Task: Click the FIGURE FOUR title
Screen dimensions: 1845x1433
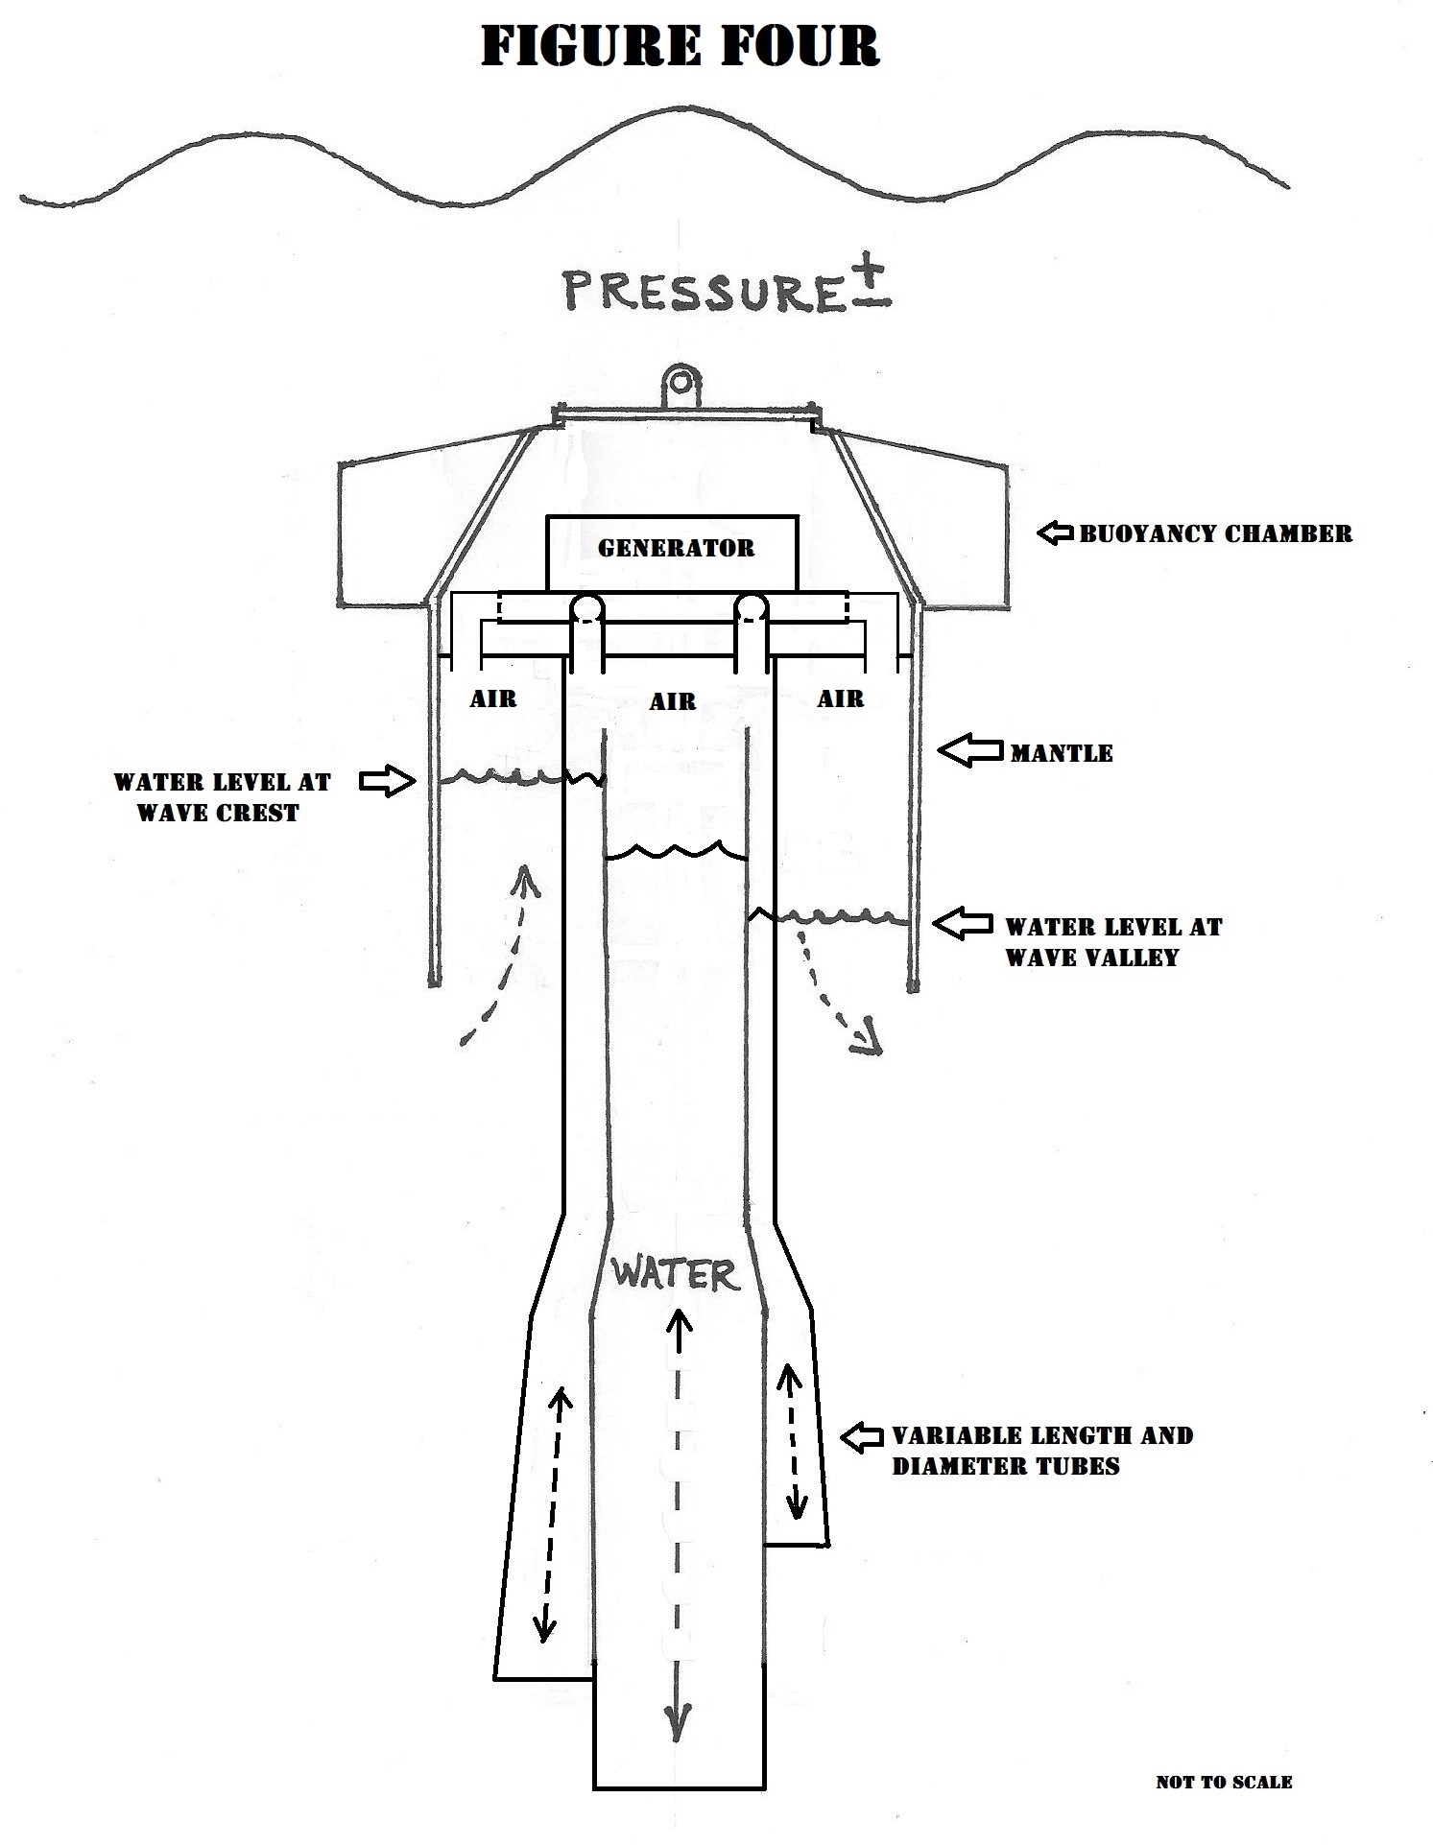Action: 680,46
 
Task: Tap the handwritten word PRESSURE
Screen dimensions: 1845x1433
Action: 704,290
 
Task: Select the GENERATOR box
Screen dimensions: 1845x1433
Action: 672,552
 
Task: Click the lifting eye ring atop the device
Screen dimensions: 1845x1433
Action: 681,384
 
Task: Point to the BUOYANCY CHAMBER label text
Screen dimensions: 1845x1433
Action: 1215,533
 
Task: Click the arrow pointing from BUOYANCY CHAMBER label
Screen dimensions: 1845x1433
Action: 1055,532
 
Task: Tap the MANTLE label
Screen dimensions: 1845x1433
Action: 1061,753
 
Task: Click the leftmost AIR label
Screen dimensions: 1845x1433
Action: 492,698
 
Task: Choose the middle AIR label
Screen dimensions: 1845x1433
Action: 672,702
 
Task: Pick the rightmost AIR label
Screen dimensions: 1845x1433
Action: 840,698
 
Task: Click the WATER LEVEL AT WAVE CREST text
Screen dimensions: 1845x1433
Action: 221,797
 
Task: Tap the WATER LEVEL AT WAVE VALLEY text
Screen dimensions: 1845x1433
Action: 1113,942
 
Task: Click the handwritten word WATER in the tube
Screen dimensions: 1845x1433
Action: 676,1274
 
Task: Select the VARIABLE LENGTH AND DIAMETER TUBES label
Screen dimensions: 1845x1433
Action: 1041,1451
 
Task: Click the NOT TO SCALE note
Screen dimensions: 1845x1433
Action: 1224,1782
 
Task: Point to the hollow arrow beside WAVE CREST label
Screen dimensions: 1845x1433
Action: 387,782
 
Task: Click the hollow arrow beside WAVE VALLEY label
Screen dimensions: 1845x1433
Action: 963,924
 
